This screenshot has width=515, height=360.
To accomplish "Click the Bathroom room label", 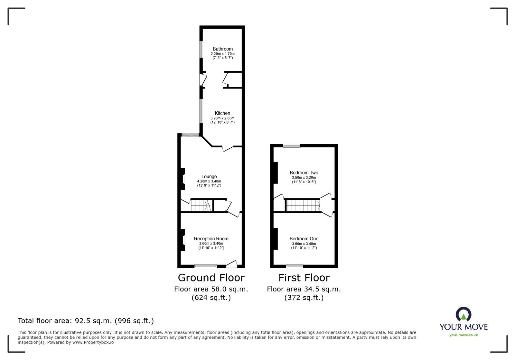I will point(222,49).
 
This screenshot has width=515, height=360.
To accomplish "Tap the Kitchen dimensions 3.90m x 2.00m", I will point(222,118).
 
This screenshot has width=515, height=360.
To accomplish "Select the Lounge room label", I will point(209,176).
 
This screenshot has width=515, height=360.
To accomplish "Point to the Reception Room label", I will point(211,239).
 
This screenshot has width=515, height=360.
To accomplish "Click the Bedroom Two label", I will point(304,173).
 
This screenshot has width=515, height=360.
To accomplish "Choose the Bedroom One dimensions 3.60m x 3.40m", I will point(304,244).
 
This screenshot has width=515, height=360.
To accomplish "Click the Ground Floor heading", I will point(211,278).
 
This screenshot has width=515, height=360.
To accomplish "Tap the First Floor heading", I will point(304,278).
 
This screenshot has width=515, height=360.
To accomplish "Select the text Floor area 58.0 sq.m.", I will point(211,289).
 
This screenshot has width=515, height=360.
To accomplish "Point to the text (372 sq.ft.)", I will point(304,298).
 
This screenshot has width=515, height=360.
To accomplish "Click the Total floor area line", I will point(86,321).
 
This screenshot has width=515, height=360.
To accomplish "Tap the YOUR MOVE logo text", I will point(464,327).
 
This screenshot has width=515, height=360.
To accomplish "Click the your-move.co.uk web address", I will point(464,335).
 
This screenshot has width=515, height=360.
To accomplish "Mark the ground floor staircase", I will point(201,205).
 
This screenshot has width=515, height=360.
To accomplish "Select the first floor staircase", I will point(303,205).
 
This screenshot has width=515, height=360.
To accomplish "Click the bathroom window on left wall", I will point(201,50).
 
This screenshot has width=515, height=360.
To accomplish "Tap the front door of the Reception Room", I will point(232,264).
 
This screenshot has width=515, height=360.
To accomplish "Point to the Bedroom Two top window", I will point(292,146).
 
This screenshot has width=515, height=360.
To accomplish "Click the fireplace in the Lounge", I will point(183,179).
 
